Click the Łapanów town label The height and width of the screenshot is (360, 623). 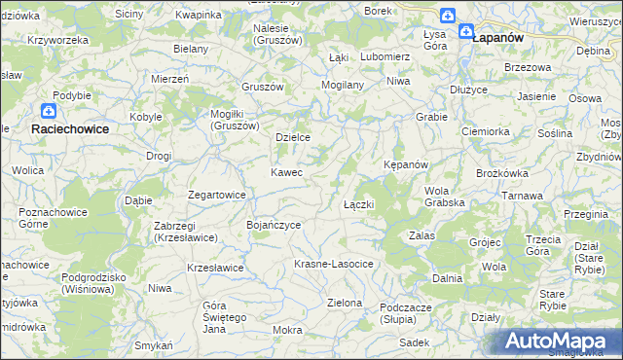(497, 37)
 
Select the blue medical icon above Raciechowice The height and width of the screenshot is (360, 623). (49, 112)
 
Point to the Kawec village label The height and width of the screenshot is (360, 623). (286, 172)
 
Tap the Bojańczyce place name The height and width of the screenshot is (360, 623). (274, 225)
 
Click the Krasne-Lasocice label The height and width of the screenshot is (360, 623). (334, 265)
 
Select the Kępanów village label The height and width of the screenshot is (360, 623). (406, 164)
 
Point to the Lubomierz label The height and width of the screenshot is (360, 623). (385, 56)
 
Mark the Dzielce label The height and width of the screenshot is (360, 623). (293, 137)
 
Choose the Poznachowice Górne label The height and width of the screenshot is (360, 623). (46, 217)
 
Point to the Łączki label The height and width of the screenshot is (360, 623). (359, 205)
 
